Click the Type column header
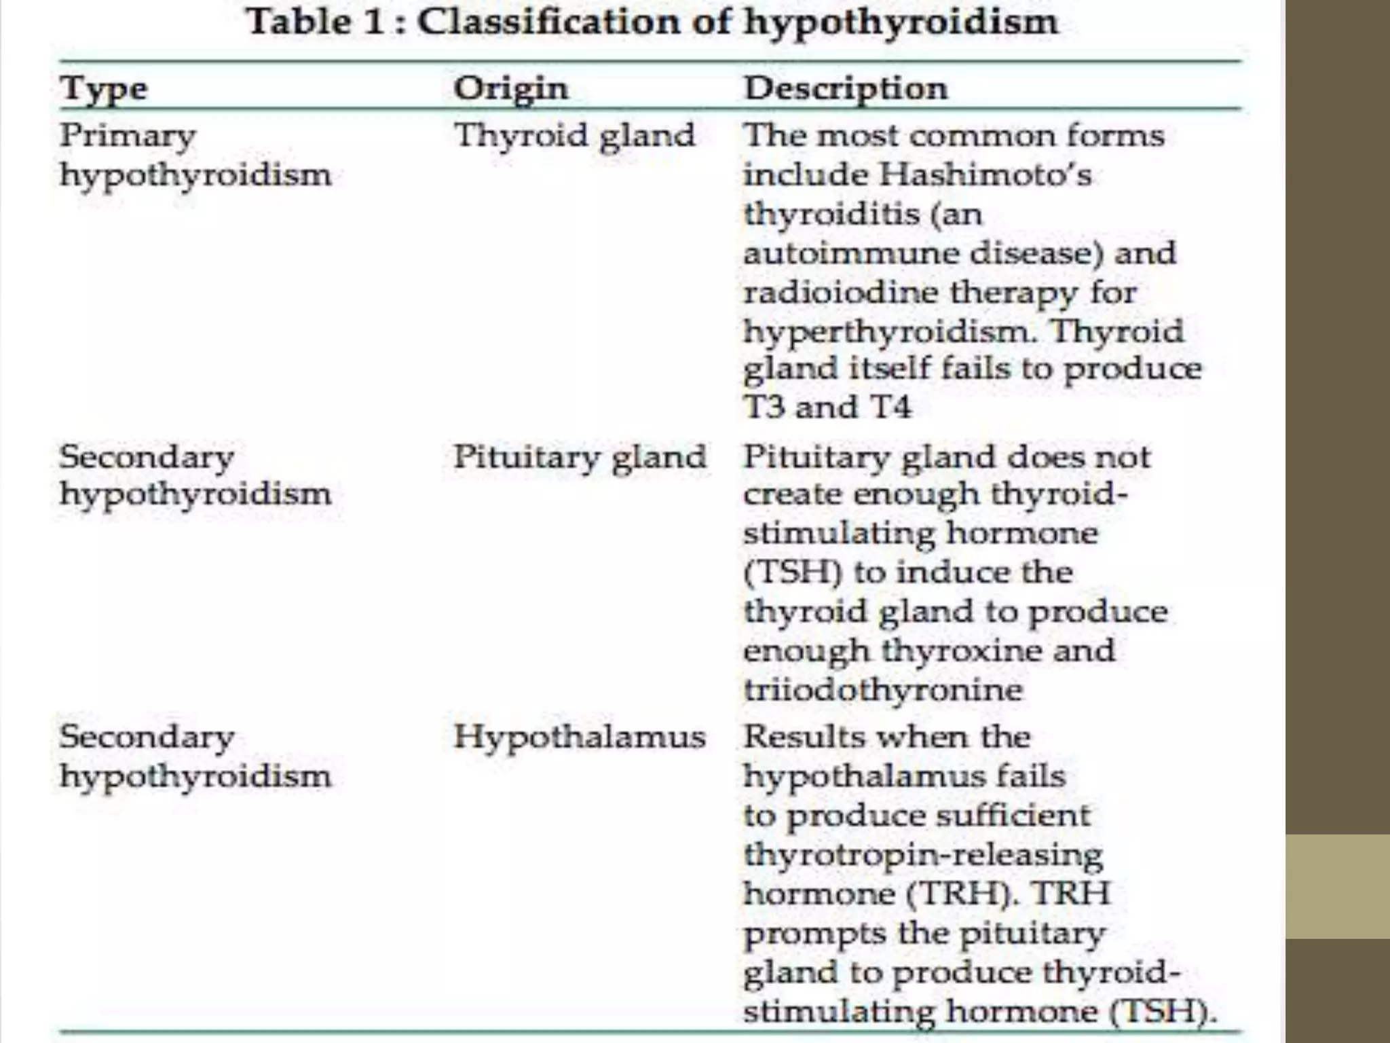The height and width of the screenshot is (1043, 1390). [104, 89]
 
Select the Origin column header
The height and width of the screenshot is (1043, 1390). [510, 89]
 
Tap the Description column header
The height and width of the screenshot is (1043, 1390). [845, 89]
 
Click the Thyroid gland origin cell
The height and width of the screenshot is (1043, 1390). [574, 135]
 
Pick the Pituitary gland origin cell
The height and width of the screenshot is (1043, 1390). [580, 456]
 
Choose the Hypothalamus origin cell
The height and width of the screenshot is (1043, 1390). [580, 737]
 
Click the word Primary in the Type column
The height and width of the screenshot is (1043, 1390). [128, 135]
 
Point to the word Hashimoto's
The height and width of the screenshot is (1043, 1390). [985, 175]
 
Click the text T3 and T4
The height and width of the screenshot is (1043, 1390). [827, 407]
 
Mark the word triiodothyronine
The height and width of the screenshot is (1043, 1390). [883, 690]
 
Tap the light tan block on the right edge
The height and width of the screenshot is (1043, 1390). [1337, 887]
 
